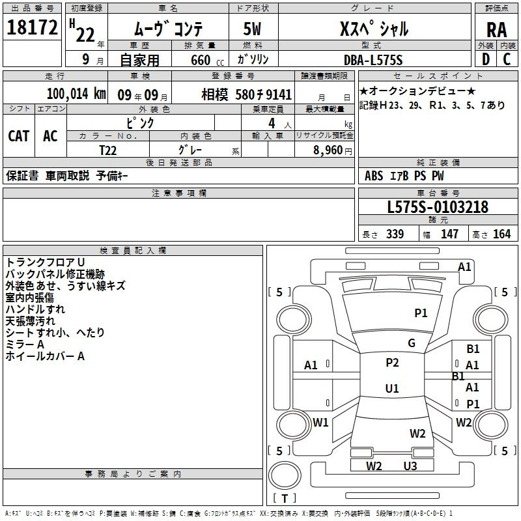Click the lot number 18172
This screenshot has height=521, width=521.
tap(32, 27)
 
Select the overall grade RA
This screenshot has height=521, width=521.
tap(496, 30)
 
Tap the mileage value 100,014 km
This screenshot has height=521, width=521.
tap(76, 94)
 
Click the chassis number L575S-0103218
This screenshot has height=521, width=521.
tap(438, 206)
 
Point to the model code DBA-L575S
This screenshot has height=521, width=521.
tap(373, 60)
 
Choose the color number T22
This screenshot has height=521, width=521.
tap(107, 150)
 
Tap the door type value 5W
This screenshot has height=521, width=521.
tap(252, 29)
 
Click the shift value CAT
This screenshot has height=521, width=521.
tap(19, 136)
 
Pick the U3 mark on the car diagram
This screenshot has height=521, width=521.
tap(410, 466)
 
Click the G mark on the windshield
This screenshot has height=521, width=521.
tap(412, 343)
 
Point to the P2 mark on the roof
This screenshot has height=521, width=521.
tap(392, 362)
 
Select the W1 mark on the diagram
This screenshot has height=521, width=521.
tap(320, 422)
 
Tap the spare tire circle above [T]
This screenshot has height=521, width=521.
tap(285, 475)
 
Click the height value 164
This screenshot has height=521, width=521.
tap(501, 234)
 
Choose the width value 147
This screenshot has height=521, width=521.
tap(449, 234)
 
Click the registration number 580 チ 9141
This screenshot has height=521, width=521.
tap(264, 94)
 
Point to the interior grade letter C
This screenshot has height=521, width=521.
tap(507, 59)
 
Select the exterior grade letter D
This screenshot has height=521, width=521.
tap(486, 59)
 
